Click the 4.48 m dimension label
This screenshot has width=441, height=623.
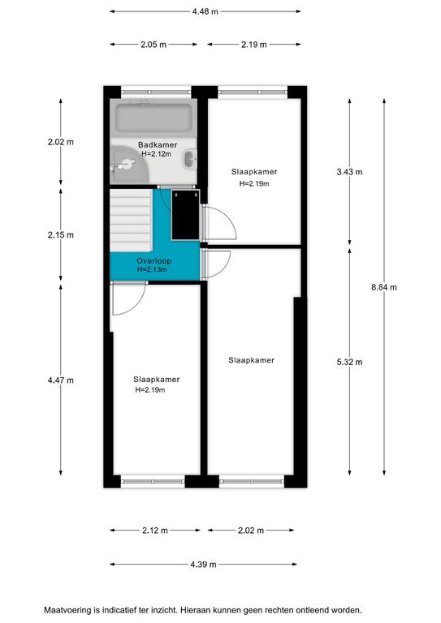pyautogui.click(x=205, y=11)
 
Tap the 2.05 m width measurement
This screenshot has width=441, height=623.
pyautogui.click(x=153, y=45)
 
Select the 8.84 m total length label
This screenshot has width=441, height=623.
pyautogui.click(x=384, y=287)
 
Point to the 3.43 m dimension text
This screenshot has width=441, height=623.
pyautogui.click(x=349, y=172)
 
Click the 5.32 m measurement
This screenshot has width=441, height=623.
pyautogui.click(x=349, y=362)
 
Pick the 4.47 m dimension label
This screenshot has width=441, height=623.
pyautogui.click(x=61, y=380)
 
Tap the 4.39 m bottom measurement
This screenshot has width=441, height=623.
pyautogui.click(x=203, y=565)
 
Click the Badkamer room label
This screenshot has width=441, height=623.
pyautogui.click(x=158, y=144)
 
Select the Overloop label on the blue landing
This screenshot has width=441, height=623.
pyautogui.click(x=153, y=261)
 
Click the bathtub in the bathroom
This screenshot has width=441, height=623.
pyautogui.click(x=153, y=118)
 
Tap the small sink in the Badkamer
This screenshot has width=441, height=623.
pyautogui.click(x=190, y=159)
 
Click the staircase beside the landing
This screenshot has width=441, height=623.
pyautogui.click(x=131, y=221)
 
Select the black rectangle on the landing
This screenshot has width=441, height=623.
pyautogui.click(x=185, y=215)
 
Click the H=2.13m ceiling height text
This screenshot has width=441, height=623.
pyautogui.click(x=152, y=269)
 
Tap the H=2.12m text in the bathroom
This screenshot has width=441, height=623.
pyautogui.click(x=157, y=154)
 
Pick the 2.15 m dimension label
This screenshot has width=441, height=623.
pyautogui.click(x=61, y=234)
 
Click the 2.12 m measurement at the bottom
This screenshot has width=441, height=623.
pyautogui.click(x=155, y=530)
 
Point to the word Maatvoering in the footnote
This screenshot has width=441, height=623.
pyautogui.click(x=67, y=610)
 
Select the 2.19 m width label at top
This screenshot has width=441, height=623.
pyautogui.click(x=254, y=45)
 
